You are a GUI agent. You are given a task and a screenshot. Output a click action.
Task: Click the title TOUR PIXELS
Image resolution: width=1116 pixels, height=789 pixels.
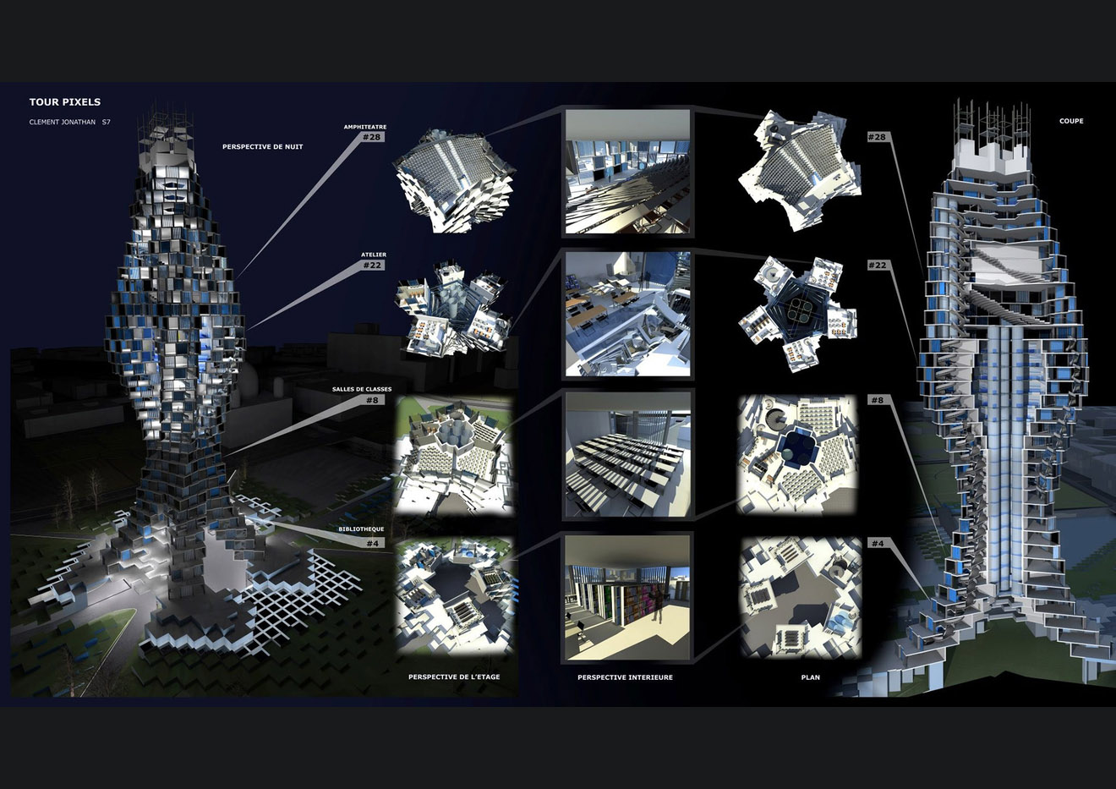pyautogui.click(x=65, y=102)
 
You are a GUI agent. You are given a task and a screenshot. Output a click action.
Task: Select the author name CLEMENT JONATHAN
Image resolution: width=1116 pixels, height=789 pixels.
pyautogui.click(x=63, y=122)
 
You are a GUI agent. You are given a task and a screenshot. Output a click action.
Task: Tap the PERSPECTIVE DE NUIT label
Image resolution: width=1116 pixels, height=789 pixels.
pyautogui.click(x=263, y=147)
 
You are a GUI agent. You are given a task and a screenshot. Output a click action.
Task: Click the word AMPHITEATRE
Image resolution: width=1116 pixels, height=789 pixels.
pyautogui.click(x=364, y=127)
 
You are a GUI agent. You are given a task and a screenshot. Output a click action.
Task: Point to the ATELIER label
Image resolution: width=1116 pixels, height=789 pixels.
pyautogui.click(x=374, y=255)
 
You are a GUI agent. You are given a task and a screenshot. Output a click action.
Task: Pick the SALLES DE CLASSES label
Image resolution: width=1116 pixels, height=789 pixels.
pyautogui.click(x=362, y=389)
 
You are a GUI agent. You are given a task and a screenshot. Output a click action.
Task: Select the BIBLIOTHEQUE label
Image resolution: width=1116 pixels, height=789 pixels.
pyautogui.click(x=361, y=529)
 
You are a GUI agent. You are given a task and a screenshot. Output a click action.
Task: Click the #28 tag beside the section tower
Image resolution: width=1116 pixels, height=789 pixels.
pyautogui.click(x=877, y=137)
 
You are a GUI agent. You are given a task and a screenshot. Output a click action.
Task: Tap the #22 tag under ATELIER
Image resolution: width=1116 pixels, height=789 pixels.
pyautogui.click(x=372, y=266)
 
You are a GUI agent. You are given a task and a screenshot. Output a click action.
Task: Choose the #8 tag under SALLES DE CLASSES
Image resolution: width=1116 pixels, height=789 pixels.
pyautogui.click(x=372, y=400)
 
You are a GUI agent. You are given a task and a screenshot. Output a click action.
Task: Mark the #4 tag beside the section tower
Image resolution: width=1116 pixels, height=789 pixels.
pyautogui.click(x=878, y=543)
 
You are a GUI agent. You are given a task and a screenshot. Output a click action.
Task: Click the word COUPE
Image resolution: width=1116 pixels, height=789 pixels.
pyautogui.click(x=1071, y=121)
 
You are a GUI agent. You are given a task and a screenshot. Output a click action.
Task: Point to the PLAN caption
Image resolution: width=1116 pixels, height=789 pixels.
pyautogui.click(x=811, y=677)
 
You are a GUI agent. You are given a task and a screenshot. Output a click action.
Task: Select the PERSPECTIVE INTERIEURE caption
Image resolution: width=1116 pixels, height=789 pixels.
pyautogui.click(x=625, y=677)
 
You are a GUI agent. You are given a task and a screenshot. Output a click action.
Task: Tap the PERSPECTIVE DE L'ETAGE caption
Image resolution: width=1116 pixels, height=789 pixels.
pyautogui.click(x=454, y=677)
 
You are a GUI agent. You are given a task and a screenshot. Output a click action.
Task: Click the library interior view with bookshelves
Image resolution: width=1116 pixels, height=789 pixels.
pyautogui.click(x=627, y=598)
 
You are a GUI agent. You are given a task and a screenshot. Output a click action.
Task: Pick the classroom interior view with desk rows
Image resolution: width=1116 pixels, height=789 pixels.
pyautogui.click(x=627, y=455)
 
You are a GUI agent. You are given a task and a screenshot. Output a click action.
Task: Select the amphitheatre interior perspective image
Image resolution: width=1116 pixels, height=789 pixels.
pyautogui.click(x=627, y=172)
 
